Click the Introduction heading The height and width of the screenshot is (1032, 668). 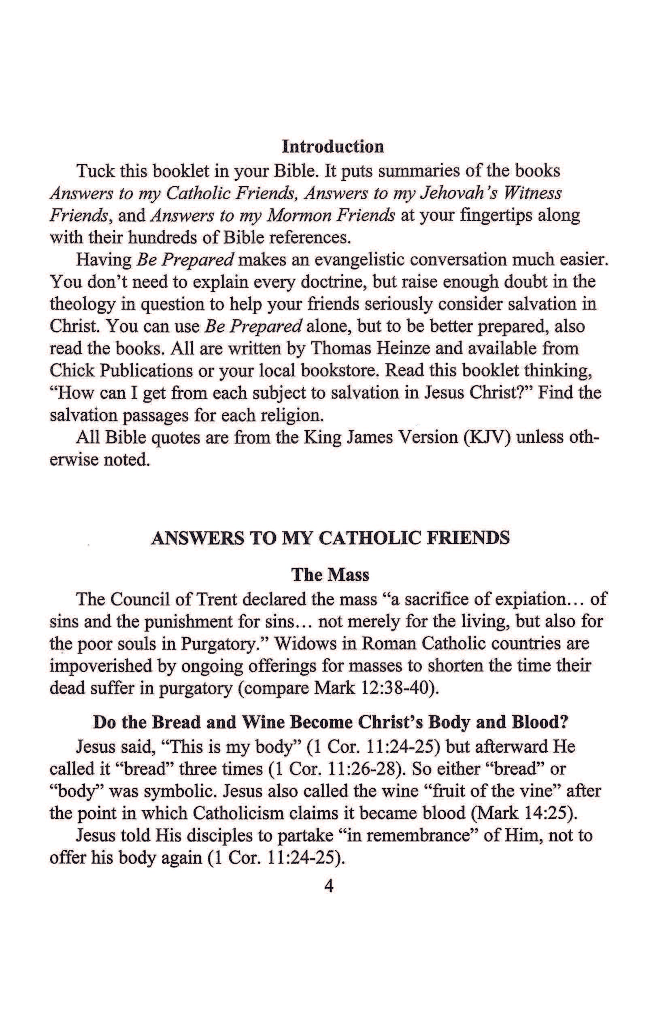333,147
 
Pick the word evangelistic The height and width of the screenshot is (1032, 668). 358,260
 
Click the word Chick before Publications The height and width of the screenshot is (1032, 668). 71,370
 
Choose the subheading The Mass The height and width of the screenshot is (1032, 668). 330,575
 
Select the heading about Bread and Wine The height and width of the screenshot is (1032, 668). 330,722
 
